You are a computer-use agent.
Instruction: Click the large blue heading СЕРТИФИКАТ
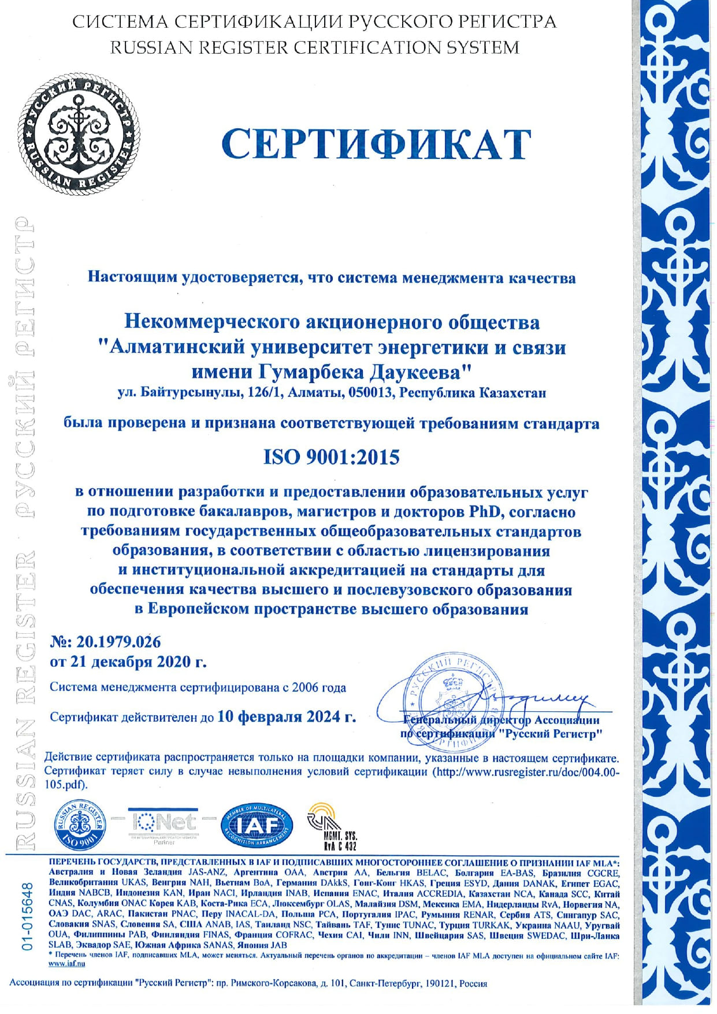376,144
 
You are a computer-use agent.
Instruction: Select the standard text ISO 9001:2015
332,458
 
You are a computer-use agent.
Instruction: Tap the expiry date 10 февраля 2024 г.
287,717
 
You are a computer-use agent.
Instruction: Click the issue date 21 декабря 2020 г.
138,662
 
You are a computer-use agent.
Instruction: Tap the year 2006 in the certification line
306,688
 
